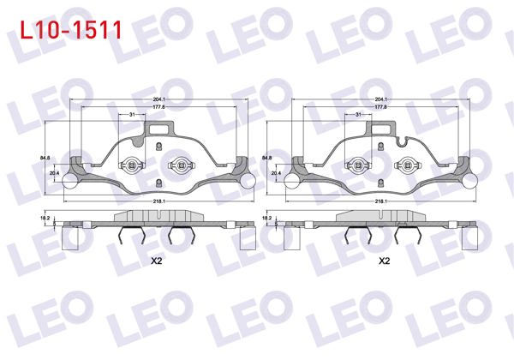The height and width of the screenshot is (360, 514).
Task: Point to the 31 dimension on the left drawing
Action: pyautogui.click(x=131, y=114)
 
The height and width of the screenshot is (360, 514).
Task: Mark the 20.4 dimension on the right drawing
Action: pyautogui.click(x=275, y=173)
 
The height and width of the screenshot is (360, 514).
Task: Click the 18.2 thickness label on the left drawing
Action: pyautogui.click(x=47, y=219)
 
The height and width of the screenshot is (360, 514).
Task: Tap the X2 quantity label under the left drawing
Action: pyautogui.click(x=156, y=260)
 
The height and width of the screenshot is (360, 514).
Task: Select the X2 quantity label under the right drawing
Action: pyautogui.click(x=384, y=260)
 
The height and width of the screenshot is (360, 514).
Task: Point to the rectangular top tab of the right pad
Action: pyautogui.click(x=382, y=130)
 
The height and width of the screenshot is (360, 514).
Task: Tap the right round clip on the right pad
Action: pyautogui.click(x=408, y=165)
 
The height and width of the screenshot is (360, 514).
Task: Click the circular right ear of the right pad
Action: pyautogui.click(x=473, y=181)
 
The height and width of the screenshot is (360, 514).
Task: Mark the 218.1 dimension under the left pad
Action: pyautogui.click(x=159, y=201)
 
